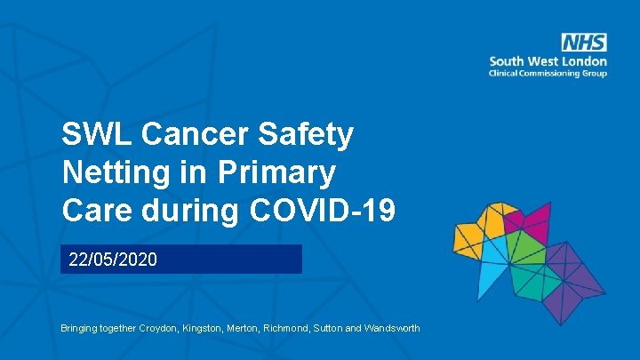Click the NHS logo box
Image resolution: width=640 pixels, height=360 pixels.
point(584,43)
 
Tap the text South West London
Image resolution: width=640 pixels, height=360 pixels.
point(548,61)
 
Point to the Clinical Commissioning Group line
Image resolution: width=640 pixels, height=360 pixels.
point(548,73)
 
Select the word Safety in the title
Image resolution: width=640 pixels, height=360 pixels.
point(306,135)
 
